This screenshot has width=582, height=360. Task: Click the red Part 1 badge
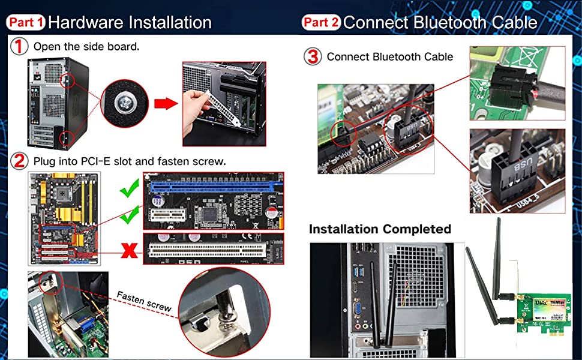26,23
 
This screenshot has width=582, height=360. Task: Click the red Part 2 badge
321,23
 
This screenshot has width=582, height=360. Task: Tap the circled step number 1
20,46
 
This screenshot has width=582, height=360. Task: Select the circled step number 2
20,161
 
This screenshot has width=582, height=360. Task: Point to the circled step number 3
313,57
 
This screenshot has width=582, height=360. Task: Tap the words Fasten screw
144,301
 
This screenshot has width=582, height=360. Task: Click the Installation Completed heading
379,229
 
